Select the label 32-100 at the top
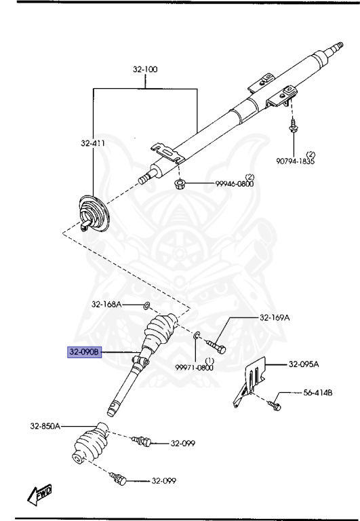146,69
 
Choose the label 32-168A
107,305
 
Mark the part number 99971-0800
195,367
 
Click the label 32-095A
303,364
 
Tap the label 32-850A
45,426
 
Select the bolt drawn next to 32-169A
219,337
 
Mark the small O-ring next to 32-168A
147,306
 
